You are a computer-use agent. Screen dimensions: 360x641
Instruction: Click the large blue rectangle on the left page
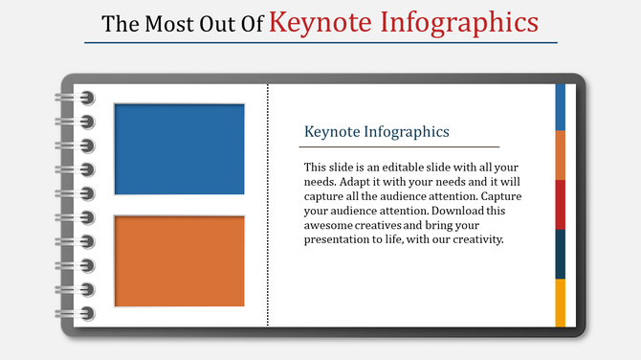179,148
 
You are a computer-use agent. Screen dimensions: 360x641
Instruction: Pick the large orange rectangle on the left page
179,260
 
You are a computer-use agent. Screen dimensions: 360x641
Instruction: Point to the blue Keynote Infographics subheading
376,131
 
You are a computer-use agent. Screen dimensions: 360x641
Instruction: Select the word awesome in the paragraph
330,225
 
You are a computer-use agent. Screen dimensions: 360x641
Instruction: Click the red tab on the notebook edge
560,204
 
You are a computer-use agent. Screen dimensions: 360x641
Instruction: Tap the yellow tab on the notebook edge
560,303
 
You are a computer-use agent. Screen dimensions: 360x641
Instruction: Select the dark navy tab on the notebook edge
560,254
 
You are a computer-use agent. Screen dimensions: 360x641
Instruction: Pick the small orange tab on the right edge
560,154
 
